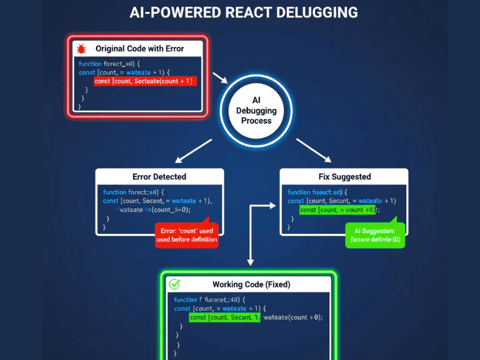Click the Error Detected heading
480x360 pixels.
159,177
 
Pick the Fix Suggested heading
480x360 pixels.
344,177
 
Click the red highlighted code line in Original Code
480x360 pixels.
145,80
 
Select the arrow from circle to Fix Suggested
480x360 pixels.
313,151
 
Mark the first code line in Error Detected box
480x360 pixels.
134,192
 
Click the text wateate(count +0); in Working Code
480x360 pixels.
293,317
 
